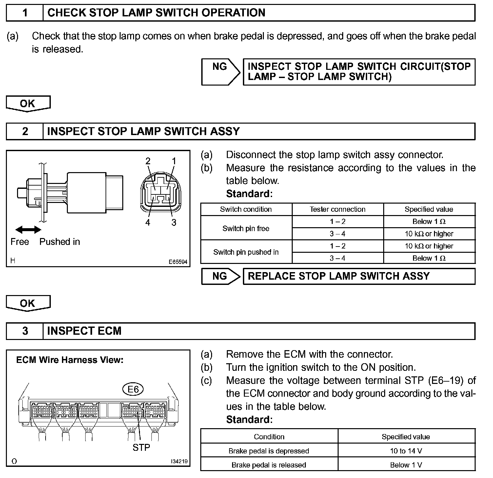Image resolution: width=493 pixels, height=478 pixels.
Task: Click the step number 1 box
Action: coord(25,13)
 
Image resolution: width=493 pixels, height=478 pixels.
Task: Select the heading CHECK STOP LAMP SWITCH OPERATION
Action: coord(156,13)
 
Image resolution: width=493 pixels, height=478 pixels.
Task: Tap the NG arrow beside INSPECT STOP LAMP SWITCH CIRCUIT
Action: coord(221,71)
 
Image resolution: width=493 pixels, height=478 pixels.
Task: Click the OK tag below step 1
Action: coord(28,104)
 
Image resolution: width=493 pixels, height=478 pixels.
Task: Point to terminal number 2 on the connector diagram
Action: coord(148,161)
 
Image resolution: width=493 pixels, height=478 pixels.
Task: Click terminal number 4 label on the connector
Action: coord(148,223)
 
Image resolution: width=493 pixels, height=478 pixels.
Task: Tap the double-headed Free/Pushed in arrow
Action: coord(29,230)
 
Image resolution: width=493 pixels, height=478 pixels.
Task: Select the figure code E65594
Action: coord(178,262)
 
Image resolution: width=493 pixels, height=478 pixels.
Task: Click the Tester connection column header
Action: coord(338,209)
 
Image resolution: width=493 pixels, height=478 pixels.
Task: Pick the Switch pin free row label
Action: coord(246,229)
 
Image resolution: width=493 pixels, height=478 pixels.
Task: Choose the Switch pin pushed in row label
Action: coord(246,252)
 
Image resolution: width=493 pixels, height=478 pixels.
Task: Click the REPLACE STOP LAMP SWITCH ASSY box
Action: coord(359,276)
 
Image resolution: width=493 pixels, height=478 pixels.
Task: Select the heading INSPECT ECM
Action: coord(84,331)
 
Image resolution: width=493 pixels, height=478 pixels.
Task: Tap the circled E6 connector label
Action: coord(133,389)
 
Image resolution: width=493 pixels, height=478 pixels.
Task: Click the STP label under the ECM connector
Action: coord(141,447)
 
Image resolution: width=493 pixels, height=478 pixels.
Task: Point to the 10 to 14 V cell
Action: coord(406,451)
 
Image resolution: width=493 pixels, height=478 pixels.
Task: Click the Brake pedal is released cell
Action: coord(269,465)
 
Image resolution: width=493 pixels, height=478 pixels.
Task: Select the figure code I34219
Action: coord(179,461)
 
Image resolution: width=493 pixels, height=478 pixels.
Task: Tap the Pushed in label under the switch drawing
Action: coord(60,242)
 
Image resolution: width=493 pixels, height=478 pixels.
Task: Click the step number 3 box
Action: coord(25,331)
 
